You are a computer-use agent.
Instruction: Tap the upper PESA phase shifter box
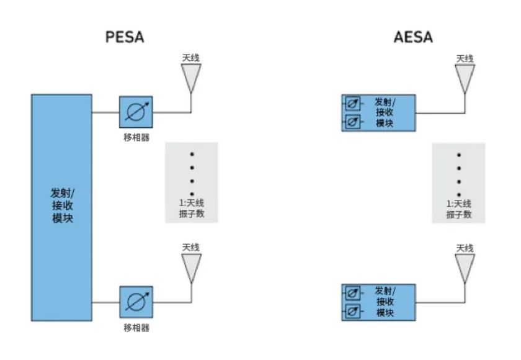136,112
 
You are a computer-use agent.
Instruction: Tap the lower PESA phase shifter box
136,302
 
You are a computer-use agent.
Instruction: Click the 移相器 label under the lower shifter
136,327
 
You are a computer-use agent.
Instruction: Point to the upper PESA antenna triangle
190,76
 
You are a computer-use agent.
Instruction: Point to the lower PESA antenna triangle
190,266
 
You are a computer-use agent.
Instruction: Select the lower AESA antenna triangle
465,266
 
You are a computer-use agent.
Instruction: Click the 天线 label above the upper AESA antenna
465,58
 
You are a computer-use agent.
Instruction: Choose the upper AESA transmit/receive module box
378,112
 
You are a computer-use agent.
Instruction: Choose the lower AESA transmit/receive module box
378,302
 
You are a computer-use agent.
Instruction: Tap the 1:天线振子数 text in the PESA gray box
191,209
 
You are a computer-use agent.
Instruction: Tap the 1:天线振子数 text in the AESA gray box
459,209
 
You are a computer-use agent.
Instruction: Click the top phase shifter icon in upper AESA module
352,103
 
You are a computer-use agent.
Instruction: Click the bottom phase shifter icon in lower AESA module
352,312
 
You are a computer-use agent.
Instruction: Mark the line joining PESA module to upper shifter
106,112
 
